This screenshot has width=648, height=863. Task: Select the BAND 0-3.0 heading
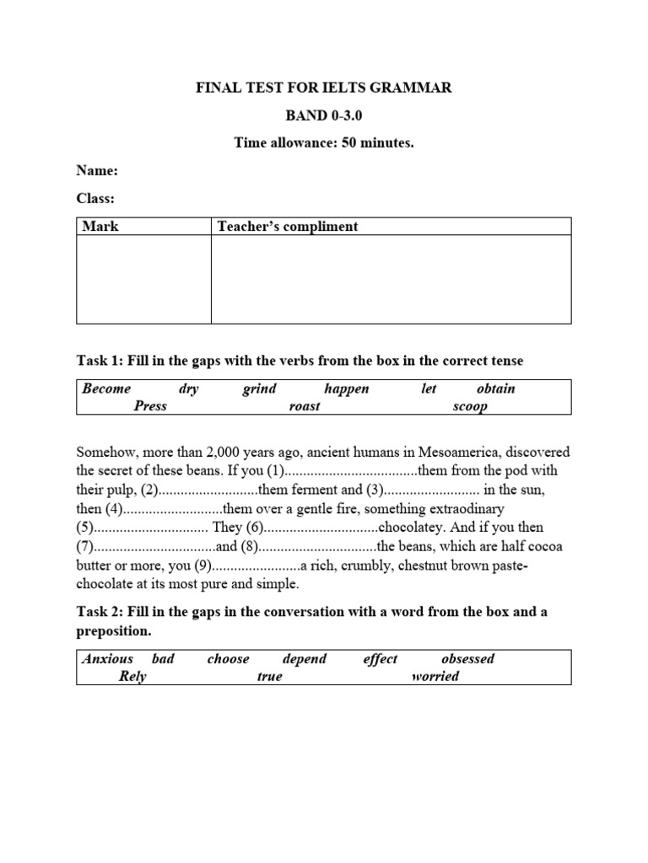pyautogui.click(x=324, y=115)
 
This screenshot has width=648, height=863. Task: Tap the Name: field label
pyautogui.click(x=97, y=170)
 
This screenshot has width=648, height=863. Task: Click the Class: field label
pyautogui.click(x=95, y=198)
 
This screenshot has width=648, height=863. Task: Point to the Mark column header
pyautogui.click(x=100, y=226)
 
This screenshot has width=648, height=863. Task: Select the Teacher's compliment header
pyautogui.click(x=288, y=226)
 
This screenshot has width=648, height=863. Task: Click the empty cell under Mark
pyautogui.click(x=143, y=279)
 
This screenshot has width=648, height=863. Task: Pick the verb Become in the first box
pyautogui.click(x=106, y=389)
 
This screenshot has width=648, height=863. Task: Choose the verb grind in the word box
pyautogui.click(x=259, y=389)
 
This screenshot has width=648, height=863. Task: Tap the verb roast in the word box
pyautogui.click(x=305, y=406)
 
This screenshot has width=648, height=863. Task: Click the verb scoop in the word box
pyautogui.click(x=470, y=406)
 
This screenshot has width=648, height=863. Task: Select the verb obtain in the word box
pyautogui.click(x=495, y=389)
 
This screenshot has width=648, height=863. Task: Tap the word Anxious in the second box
pyautogui.click(x=107, y=658)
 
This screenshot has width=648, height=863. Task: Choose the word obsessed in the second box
pyautogui.click(x=467, y=658)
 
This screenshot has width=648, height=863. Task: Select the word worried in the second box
pyautogui.click(x=435, y=676)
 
